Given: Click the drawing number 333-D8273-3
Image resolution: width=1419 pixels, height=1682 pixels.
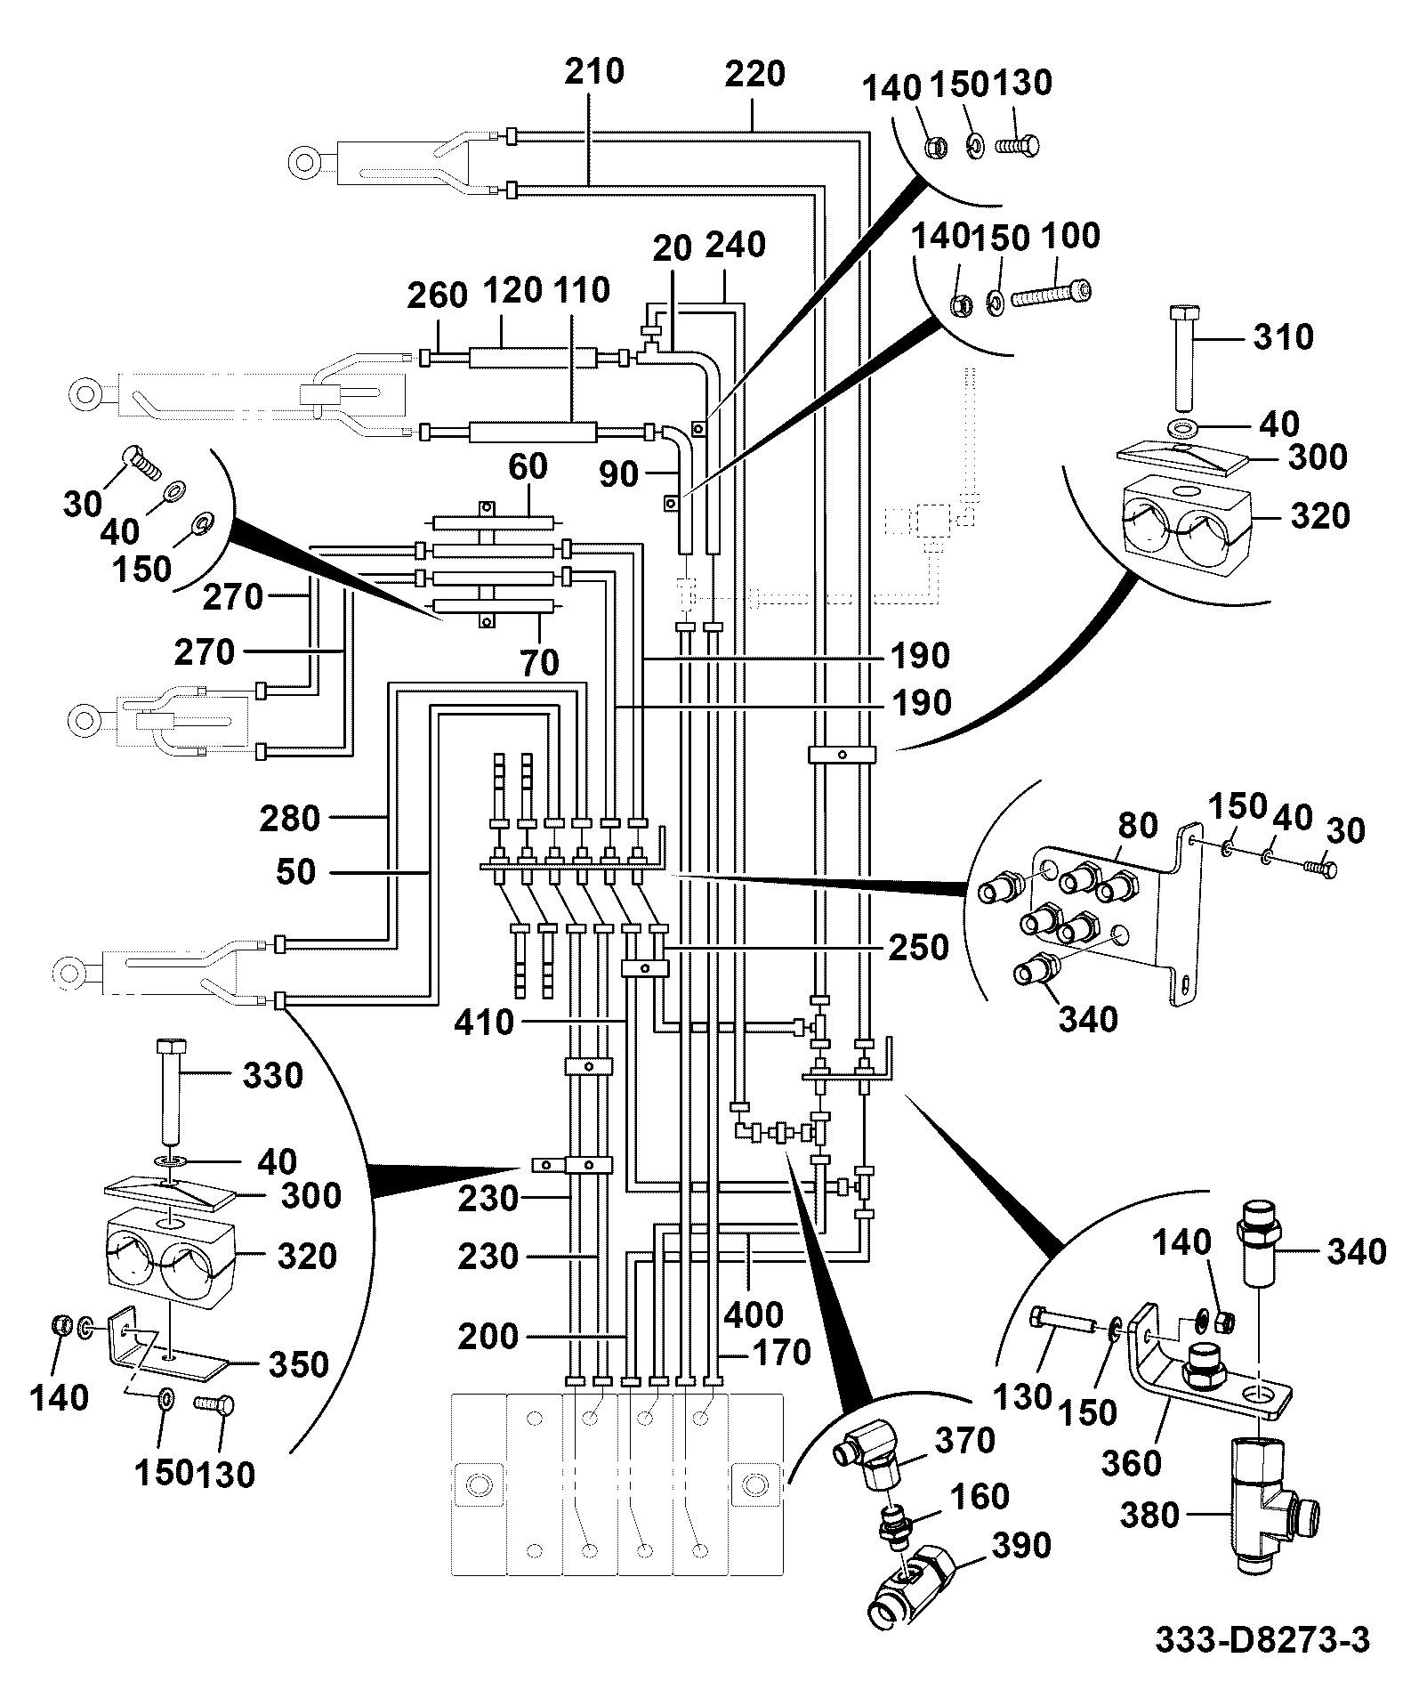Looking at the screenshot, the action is tap(1262, 1639).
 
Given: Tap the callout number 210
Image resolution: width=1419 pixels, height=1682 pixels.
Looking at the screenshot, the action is tap(595, 71).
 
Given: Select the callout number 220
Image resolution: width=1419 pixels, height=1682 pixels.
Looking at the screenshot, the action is tap(754, 75).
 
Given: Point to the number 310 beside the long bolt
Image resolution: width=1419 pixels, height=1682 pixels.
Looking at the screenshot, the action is tap(1284, 337).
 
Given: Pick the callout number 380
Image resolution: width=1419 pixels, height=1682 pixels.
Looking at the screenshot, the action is tap(1150, 1516).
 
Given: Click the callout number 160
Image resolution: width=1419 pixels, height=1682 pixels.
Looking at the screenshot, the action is tap(980, 1497).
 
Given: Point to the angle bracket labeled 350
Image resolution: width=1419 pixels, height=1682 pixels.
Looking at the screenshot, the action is tap(167, 1346).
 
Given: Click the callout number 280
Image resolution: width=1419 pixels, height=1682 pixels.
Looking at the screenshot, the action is tap(290, 818).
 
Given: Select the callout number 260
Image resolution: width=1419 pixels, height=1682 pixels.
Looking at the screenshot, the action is tap(438, 296).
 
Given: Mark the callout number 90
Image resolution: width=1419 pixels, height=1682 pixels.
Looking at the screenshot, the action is tap(619, 475).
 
